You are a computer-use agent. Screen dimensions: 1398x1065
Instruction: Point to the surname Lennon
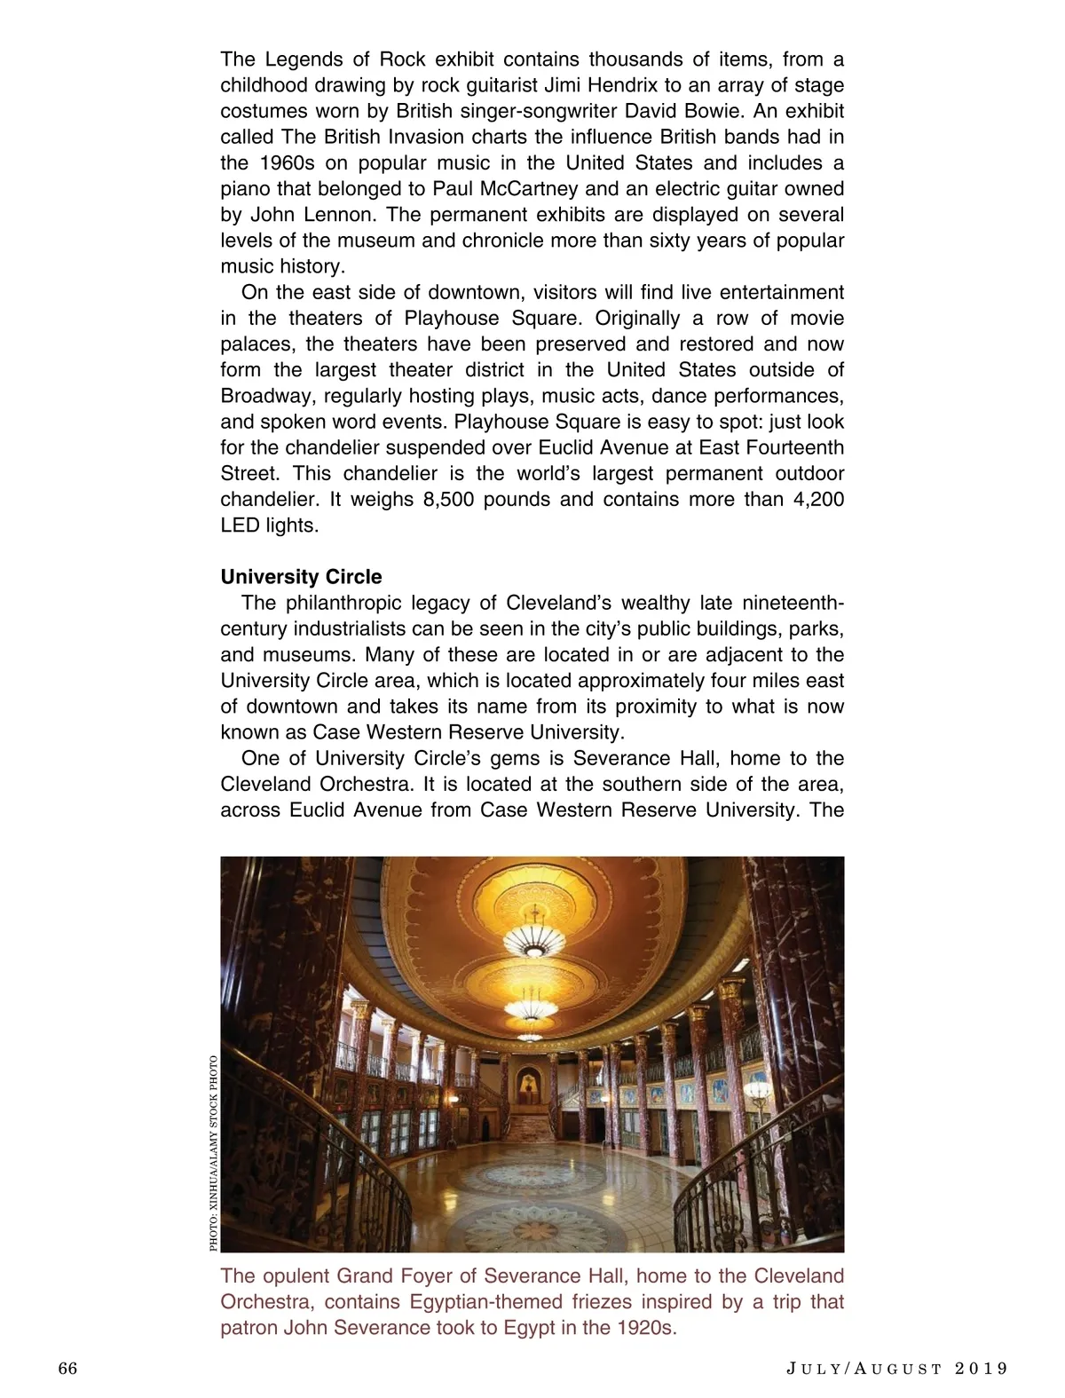341,215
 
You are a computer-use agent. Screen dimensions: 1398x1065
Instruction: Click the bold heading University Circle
301,577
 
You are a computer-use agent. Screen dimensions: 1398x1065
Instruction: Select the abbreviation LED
240,525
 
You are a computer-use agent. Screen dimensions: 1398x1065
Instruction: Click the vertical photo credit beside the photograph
213,1152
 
